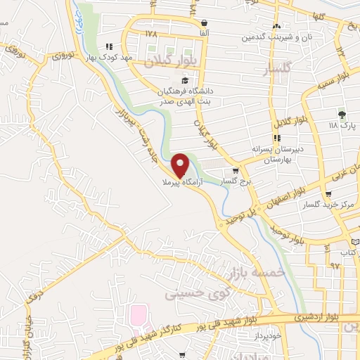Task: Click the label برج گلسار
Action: pos(236,181)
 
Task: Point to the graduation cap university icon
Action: pos(184,80)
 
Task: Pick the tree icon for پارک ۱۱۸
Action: pos(342,115)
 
